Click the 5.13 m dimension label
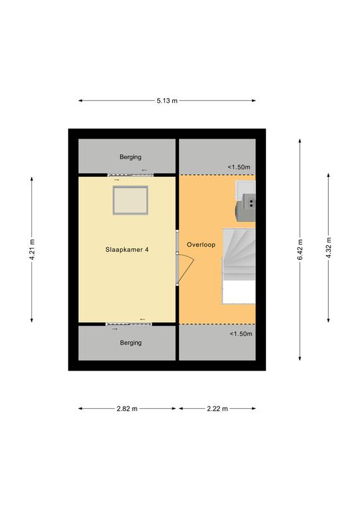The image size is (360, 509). [167, 101]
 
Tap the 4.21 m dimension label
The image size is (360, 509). [32, 250]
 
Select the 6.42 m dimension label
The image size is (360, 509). [300, 250]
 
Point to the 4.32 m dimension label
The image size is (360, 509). [329, 248]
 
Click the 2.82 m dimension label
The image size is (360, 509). [127, 409]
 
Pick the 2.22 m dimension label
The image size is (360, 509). [217, 409]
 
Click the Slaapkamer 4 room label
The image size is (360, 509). [127, 250]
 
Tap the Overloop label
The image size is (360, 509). [201, 245]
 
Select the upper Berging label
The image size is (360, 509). [131, 157]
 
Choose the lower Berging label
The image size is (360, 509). [131, 343]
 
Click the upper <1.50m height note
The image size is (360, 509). [239, 167]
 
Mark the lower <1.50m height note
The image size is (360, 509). [241, 334]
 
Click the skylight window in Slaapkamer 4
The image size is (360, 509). [131, 200]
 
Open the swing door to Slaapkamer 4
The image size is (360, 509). [185, 269]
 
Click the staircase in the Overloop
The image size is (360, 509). [239, 266]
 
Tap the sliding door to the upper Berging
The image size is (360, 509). [131, 175]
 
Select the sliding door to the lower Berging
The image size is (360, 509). [129, 324]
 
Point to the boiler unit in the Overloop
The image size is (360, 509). [245, 201]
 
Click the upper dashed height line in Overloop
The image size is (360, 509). [217, 175]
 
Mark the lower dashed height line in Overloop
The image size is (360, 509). [217, 324]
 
